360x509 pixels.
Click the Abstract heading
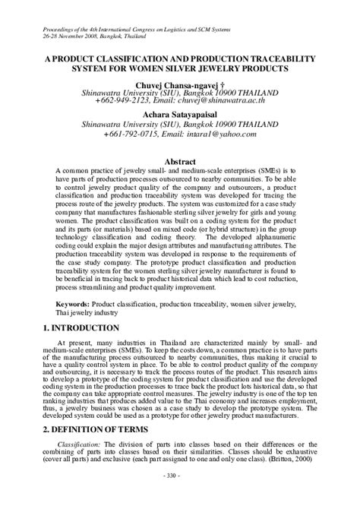[x=179, y=141]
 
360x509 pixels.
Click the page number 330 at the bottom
[x=180, y=496]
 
